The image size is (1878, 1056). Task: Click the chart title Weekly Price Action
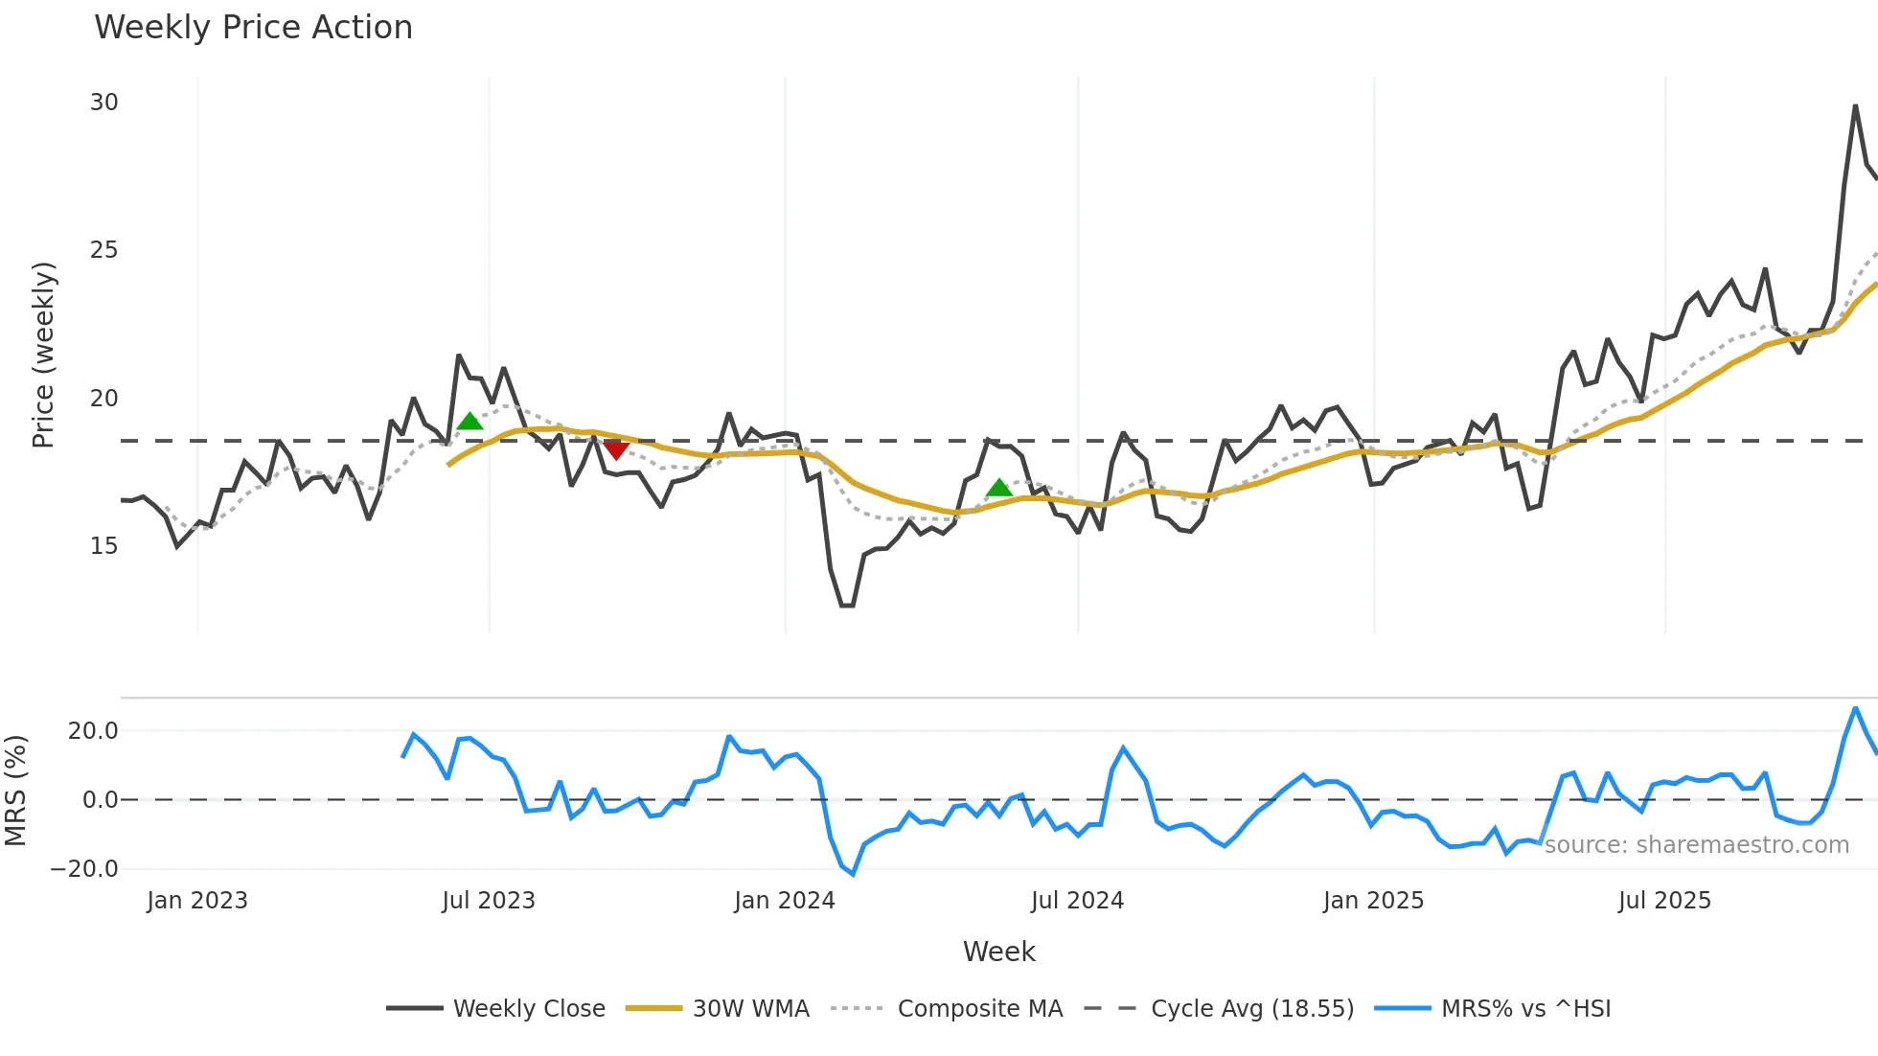pyautogui.click(x=253, y=28)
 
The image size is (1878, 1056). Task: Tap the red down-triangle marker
pyautogui.click(x=616, y=449)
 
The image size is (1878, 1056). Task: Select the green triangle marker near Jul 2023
pyautogui.click(x=469, y=422)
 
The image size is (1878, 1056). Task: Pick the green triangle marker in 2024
pyautogui.click(x=999, y=489)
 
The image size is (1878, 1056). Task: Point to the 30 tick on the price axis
pyautogui.click(x=104, y=103)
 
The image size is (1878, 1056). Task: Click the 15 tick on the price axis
pyautogui.click(x=104, y=546)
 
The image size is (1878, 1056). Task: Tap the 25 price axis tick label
pyautogui.click(x=104, y=250)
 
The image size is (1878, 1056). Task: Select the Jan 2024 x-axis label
pyautogui.click(x=785, y=901)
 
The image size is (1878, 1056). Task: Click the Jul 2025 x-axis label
pyautogui.click(x=1664, y=901)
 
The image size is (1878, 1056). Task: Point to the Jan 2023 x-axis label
pyautogui.click(x=197, y=901)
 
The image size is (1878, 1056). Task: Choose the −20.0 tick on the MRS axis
pyautogui.click(x=84, y=869)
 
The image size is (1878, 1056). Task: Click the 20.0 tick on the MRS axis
pyautogui.click(x=93, y=731)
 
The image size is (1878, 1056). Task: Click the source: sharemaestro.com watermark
pyautogui.click(x=1696, y=845)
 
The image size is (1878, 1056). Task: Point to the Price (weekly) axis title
pyautogui.click(x=44, y=355)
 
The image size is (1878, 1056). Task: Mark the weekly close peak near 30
pyautogui.click(x=1856, y=105)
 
